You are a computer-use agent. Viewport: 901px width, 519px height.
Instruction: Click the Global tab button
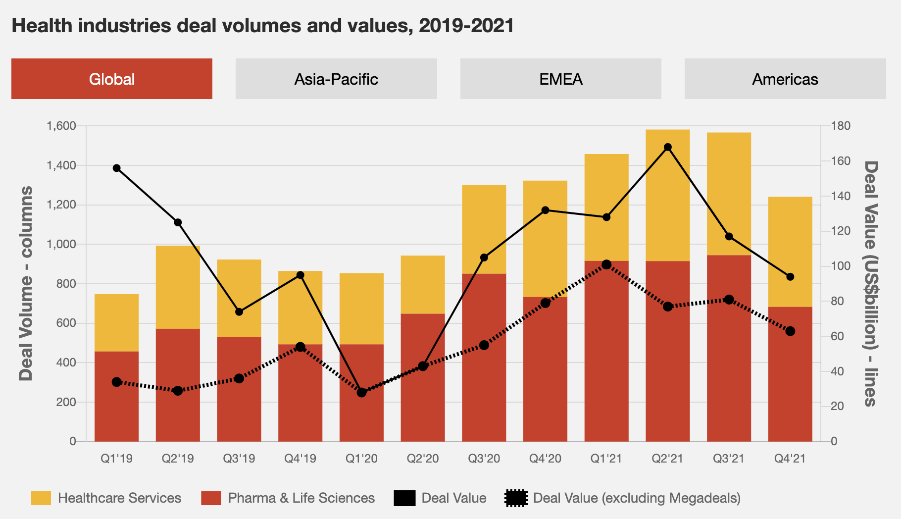(x=112, y=79)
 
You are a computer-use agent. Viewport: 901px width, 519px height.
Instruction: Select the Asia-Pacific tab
(x=336, y=79)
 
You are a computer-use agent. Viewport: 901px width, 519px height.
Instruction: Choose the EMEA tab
(x=560, y=79)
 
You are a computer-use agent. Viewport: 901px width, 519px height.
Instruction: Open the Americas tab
(x=785, y=79)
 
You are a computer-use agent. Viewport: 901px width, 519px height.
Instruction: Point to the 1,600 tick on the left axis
(x=61, y=126)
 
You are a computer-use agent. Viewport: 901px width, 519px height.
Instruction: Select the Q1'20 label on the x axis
(x=361, y=458)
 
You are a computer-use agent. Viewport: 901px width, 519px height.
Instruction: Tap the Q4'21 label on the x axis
(x=790, y=458)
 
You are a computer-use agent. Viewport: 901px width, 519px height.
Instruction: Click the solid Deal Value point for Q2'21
(x=667, y=147)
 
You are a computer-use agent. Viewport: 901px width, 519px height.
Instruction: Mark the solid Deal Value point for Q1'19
(x=117, y=168)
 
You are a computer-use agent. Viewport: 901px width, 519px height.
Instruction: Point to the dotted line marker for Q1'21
(x=606, y=264)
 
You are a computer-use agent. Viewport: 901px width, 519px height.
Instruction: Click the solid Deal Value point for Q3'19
(x=239, y=311)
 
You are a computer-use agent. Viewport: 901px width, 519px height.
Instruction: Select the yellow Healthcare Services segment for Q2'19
(x=178, y=287)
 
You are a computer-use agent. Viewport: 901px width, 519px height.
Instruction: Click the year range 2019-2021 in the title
(x=466, y=26)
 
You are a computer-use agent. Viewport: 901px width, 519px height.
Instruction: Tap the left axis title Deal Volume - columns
(x=26, y=283)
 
